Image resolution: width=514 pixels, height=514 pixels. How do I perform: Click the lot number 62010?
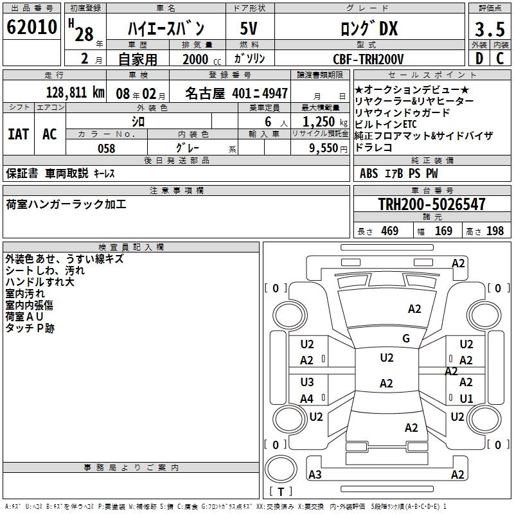(31, 28)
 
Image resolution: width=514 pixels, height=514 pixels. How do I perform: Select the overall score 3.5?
(489, 30)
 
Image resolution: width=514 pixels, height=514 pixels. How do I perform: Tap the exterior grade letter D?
(479, 58)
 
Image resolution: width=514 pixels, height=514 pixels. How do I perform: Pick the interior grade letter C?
(500, 58)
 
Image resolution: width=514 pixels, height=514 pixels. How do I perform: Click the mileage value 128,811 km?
(76, 92)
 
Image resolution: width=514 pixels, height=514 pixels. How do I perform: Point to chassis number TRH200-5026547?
(432, 204)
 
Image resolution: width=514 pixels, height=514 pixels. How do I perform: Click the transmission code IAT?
(18, 134)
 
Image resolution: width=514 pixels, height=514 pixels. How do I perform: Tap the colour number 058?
(106, 148)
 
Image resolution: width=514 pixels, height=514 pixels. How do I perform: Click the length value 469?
(389, 231)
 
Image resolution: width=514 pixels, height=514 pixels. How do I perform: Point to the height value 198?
(495, 231)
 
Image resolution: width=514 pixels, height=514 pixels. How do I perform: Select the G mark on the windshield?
(405, 338)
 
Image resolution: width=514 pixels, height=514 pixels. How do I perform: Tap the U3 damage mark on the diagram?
(307, 382)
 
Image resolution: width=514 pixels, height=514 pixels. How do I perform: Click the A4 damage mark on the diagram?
(307, 398)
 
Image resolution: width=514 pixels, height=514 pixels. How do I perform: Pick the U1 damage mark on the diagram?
(466, 398)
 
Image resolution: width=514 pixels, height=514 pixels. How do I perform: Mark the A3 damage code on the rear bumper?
(315, 474)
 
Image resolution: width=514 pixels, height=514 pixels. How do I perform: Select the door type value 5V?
(249, 29)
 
